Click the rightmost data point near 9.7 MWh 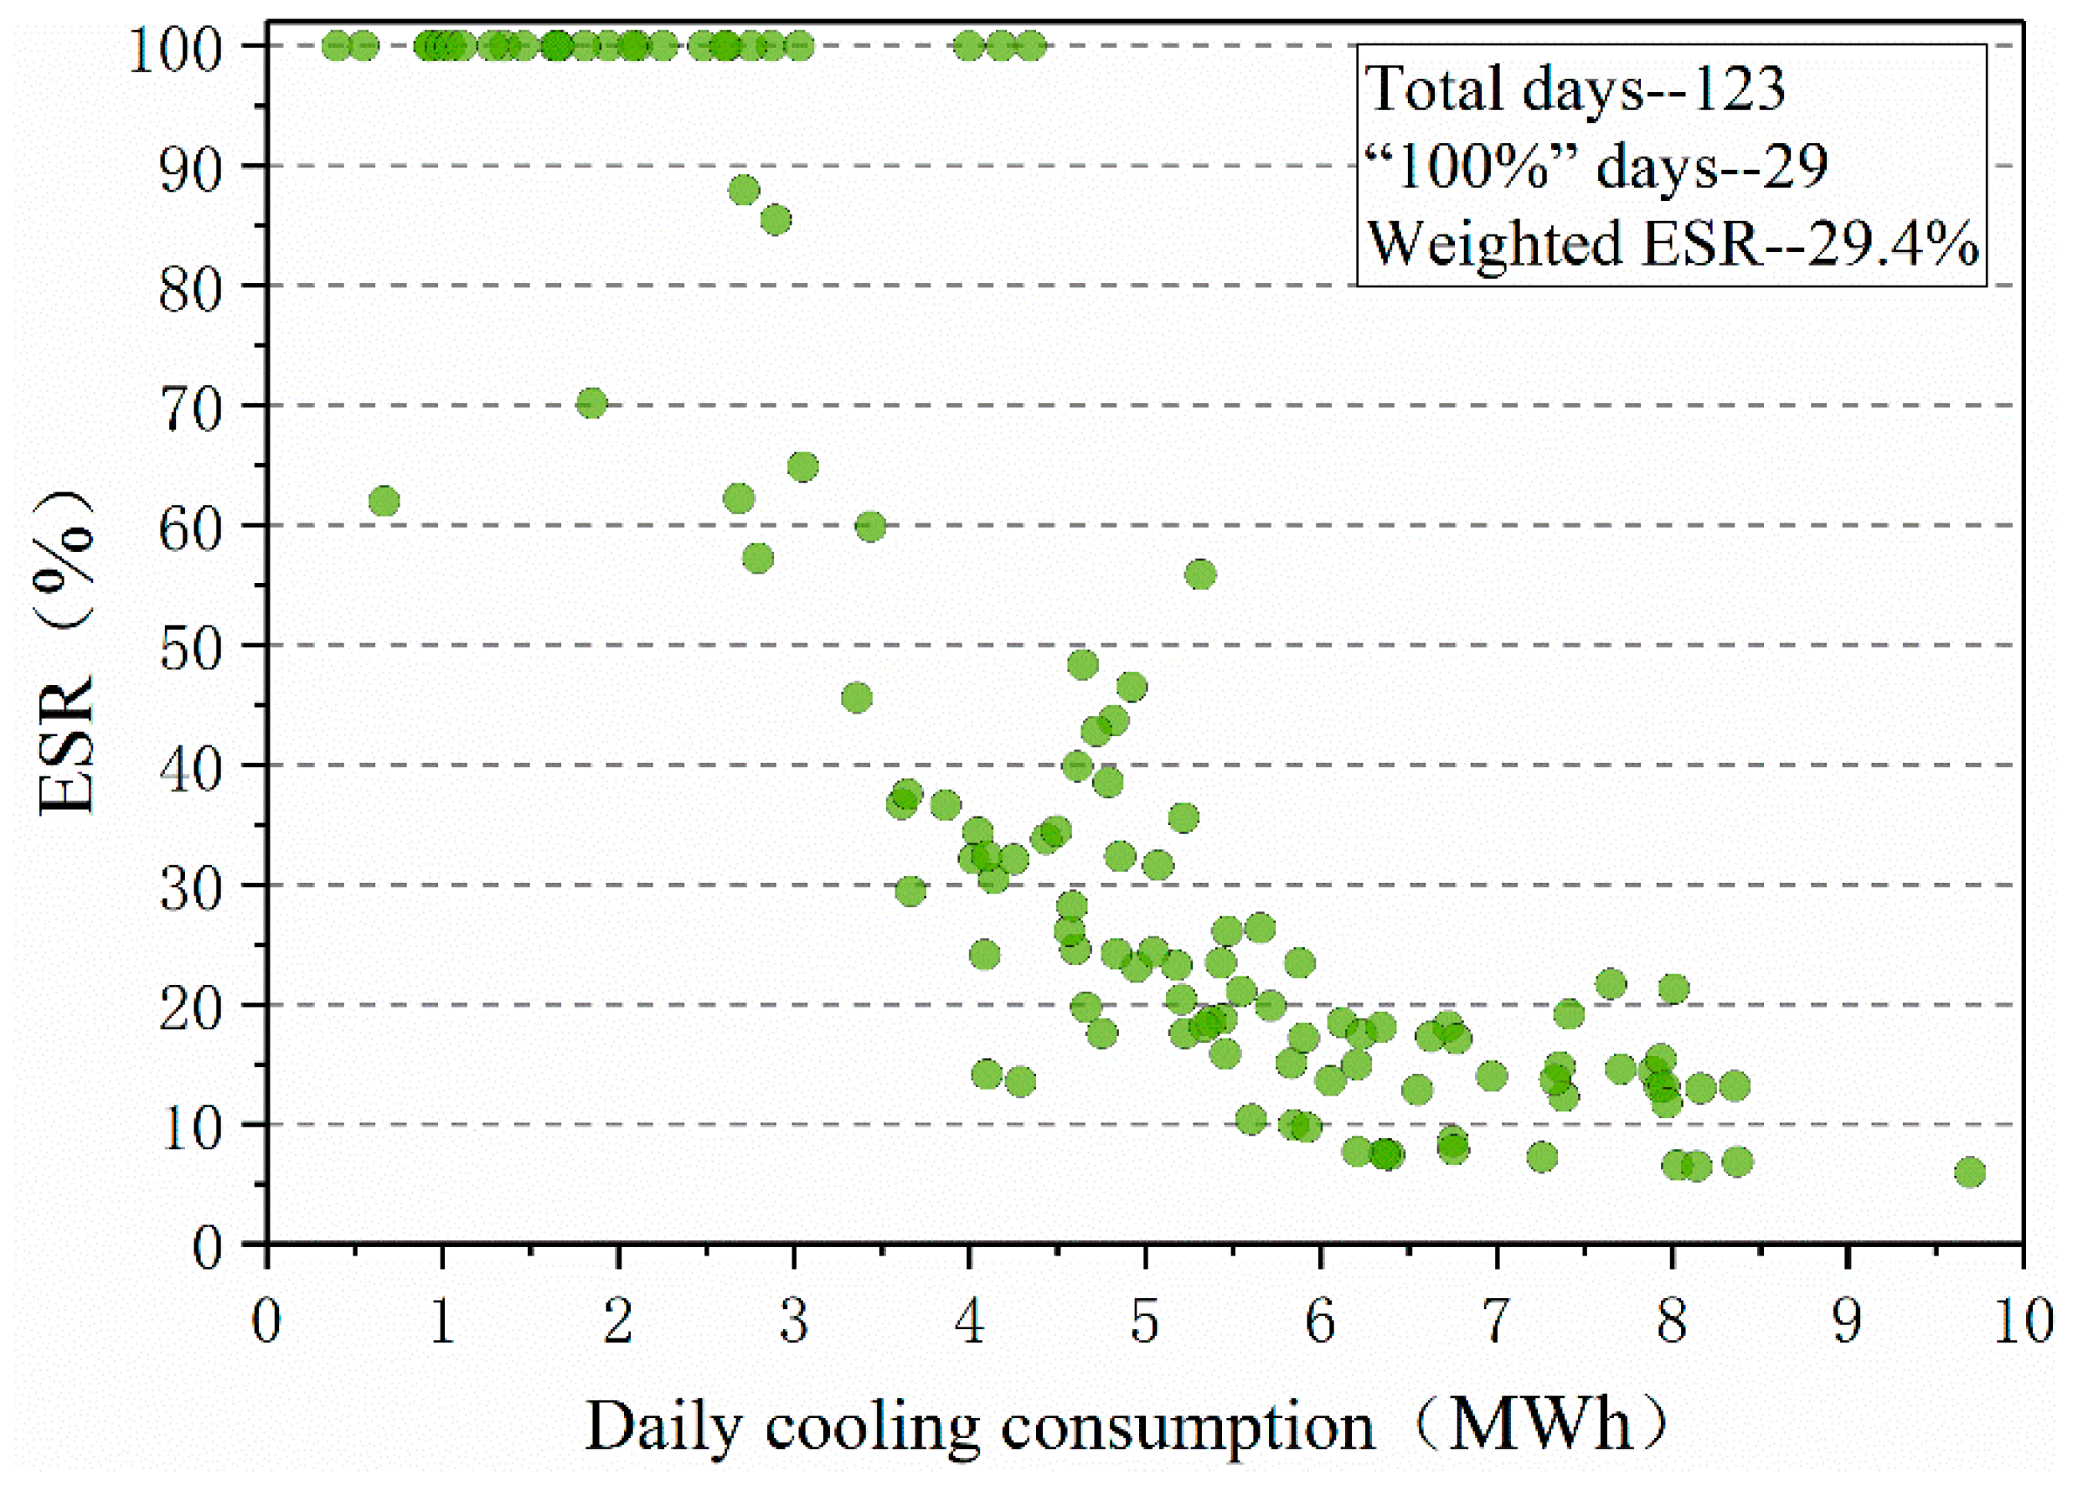click(1970, 1172)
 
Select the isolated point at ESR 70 click(591, 403)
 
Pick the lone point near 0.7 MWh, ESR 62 click(384, 501)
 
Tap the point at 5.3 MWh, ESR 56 click(1200, 574)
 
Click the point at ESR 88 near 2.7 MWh click(744, 190)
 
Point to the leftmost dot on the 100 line click(337, 44)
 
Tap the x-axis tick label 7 click(1496, 1322)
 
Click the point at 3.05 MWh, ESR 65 click(802, 467)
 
